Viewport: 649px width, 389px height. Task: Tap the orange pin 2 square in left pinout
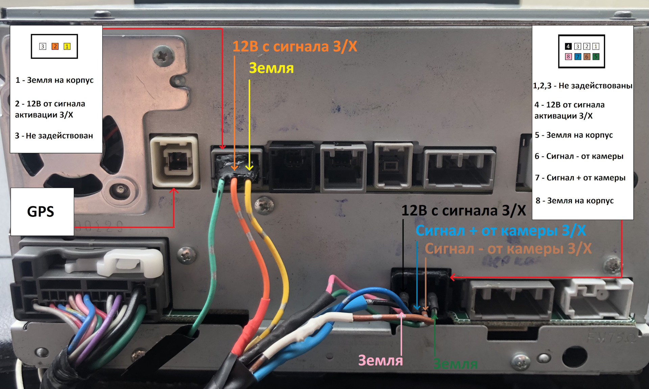click(55, 46)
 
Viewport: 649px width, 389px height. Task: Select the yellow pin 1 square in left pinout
click(67, 46)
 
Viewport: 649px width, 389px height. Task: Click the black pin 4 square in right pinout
click(568, 46)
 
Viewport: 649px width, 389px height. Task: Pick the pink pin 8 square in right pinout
click(568, 56)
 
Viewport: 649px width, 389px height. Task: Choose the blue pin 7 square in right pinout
click(578, 56)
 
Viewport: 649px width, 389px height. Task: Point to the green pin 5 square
click(596, 56)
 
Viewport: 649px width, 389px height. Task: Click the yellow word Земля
click(271, 68)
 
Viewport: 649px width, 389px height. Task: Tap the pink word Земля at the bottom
click(380, 360)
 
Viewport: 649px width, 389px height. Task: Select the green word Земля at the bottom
click(455, 364)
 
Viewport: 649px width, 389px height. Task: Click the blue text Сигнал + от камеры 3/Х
click(500, 231)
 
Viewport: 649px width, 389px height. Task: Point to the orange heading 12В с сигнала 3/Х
click(294, 46)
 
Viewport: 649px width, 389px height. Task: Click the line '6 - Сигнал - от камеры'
click(579, 156)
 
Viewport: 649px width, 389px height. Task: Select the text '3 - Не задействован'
click(54, 135)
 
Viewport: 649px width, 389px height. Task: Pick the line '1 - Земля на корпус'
click(54, 80)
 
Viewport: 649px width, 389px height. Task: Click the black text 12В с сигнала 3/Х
click(463, 211)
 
